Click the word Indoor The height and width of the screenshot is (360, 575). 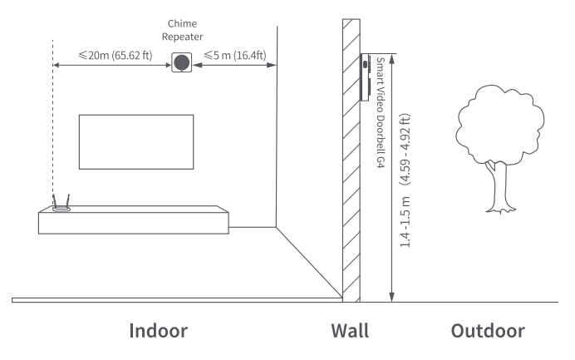point(158,330)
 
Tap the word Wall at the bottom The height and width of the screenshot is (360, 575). point(350,330)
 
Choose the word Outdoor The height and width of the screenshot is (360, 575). point(488,330)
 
